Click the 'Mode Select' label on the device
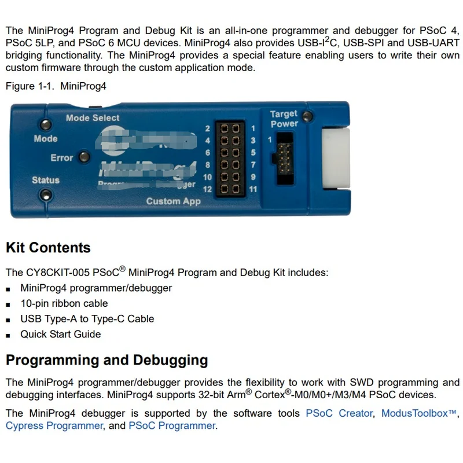93,118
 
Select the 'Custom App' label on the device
173,201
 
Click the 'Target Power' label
284,119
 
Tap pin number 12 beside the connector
208,189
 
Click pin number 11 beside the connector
252,189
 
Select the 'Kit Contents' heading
48,248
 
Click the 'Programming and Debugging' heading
106,360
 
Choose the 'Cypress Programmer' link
54,426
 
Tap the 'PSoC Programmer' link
172,426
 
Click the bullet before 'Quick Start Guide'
9,335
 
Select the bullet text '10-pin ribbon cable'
64,303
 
